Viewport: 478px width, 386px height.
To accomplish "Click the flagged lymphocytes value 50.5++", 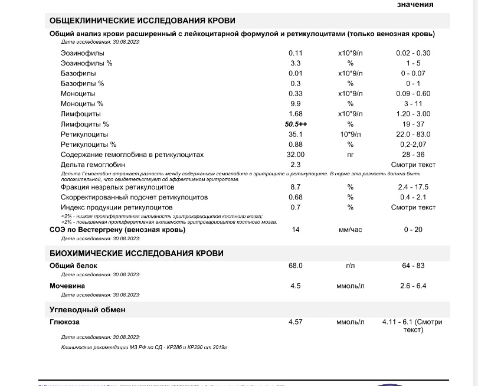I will [x=296, y=125].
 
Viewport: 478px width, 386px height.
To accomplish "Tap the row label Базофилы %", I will [x=82, y=83].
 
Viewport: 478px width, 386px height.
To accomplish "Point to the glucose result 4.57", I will [x=295, y=322].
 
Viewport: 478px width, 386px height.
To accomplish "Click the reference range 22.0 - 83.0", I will [x=413, y=135].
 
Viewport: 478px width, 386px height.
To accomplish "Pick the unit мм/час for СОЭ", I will [x=350, y=230].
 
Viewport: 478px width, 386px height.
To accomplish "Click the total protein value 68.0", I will [x=295, y=266].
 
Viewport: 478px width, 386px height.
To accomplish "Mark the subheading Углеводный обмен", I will [x=87, y=310].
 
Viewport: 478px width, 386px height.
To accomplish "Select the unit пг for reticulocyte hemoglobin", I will [x=350, y=155].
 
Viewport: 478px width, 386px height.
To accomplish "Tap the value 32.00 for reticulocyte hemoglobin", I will [x=296, y=155].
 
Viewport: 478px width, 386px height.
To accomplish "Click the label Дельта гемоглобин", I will [x=93, y=165].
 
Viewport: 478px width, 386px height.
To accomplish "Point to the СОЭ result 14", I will [x=296, y=230].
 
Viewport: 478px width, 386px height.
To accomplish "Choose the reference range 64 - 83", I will [x=413, y=266].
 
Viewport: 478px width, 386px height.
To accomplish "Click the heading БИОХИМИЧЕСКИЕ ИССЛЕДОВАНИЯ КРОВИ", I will [x=136, y=253].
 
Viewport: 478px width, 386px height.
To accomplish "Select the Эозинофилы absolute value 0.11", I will [x=296, y=53].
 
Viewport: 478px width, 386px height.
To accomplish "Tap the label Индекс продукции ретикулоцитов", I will [x=116, y=207].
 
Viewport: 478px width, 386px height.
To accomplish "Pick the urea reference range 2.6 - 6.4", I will [x=413, y=286].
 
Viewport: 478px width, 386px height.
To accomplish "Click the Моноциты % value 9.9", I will [x=296, y=104].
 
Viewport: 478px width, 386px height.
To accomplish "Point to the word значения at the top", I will [x=415, y=4].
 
